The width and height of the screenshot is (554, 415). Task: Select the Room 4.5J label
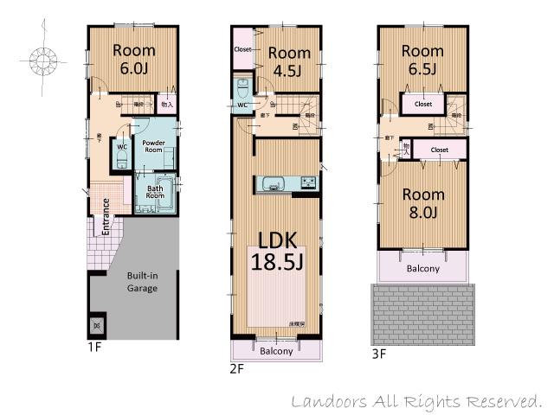pyautogui.click(x=289, y=61)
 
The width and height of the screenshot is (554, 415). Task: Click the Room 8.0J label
pyautogui.click(x=423, y=204)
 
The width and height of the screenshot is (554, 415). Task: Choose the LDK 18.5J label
pyautogui.click(x=276, y=250)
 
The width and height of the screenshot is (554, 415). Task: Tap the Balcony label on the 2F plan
pyautogui.click(x=276, y=351)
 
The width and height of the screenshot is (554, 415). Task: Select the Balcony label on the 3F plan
pyautogui.click(x=422, y=269)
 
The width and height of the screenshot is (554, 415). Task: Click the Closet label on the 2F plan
pyautogui.click(x=243, y=50)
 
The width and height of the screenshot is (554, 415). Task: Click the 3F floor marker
pyautogui.click(x=378, y=354)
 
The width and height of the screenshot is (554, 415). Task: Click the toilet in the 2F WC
pyautogui.click(x=243, y=87)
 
